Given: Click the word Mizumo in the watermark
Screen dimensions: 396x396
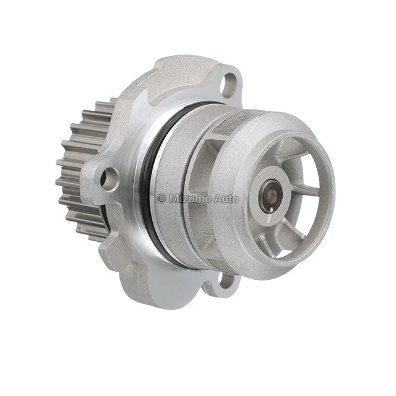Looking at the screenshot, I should [190, 198].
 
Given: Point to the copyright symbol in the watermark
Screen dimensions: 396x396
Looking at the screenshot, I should [161, 198].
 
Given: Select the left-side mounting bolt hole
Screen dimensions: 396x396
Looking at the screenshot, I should [110, 179].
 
